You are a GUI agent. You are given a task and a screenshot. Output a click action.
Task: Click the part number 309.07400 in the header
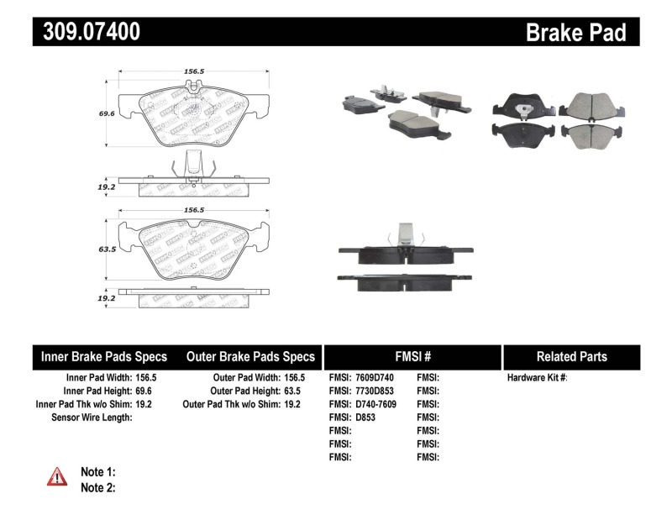87,32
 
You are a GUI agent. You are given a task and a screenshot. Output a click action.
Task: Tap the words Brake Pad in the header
575,32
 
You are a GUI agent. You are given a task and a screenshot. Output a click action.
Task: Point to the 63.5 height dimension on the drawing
107,249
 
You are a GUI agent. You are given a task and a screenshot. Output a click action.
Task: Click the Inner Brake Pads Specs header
104,357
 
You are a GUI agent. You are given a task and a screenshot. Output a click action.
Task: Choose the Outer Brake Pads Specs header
250,357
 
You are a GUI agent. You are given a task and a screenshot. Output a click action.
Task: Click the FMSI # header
412,357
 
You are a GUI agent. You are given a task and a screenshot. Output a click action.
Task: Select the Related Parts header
571,357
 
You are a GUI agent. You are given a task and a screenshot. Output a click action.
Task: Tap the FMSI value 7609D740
375,378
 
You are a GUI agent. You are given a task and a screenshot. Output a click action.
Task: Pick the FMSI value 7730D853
375,391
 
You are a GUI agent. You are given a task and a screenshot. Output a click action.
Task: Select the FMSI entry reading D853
365,418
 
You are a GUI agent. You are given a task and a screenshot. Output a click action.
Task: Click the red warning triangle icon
56,476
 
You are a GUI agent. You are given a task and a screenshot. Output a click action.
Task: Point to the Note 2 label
97,487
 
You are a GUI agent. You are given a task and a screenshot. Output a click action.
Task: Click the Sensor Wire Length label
92,418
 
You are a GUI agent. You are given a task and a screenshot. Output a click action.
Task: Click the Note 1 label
97,471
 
